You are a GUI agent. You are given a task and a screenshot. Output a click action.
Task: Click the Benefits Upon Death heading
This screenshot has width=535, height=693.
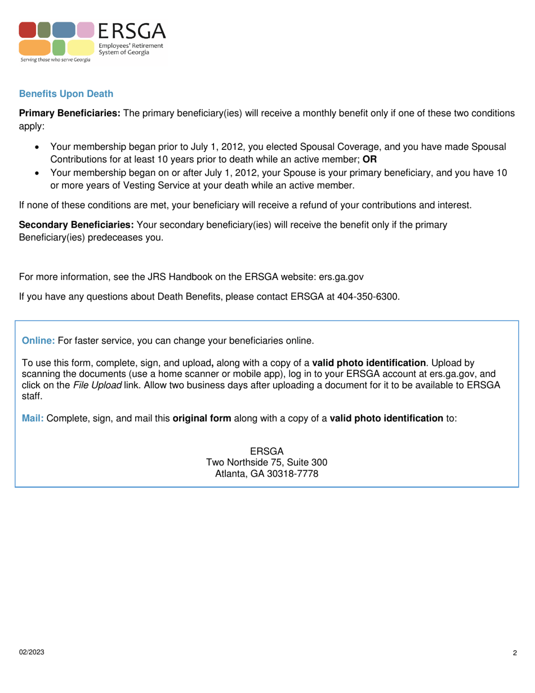[x=66, y=94]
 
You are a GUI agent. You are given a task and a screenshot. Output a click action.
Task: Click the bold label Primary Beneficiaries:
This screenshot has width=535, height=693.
[x=70, y=113]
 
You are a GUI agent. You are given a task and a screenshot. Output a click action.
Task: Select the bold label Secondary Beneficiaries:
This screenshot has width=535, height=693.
[x=77, y=225]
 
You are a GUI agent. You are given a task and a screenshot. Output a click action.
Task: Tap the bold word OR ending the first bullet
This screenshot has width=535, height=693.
[x=369, y=159]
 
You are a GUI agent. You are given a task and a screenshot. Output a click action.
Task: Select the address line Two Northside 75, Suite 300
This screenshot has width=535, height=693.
[x=267, y=463]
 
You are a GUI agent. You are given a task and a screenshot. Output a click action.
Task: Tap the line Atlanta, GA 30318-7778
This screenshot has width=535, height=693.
[x=267, y=474]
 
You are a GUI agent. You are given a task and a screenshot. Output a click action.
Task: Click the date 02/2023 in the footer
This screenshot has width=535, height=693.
[x=32, y=652]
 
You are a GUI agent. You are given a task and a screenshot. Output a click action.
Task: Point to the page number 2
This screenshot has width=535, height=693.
[x=515, y=653]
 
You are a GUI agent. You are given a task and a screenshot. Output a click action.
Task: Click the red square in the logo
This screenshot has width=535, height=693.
[x=28, y=30]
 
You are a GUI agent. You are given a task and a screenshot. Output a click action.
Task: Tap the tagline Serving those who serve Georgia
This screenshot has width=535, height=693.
[x=55, y=59]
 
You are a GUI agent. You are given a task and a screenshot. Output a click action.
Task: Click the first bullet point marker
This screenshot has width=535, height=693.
[x=38, y=147]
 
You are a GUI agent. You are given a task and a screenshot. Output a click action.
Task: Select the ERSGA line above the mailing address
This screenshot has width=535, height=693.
[x=267, y=451]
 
